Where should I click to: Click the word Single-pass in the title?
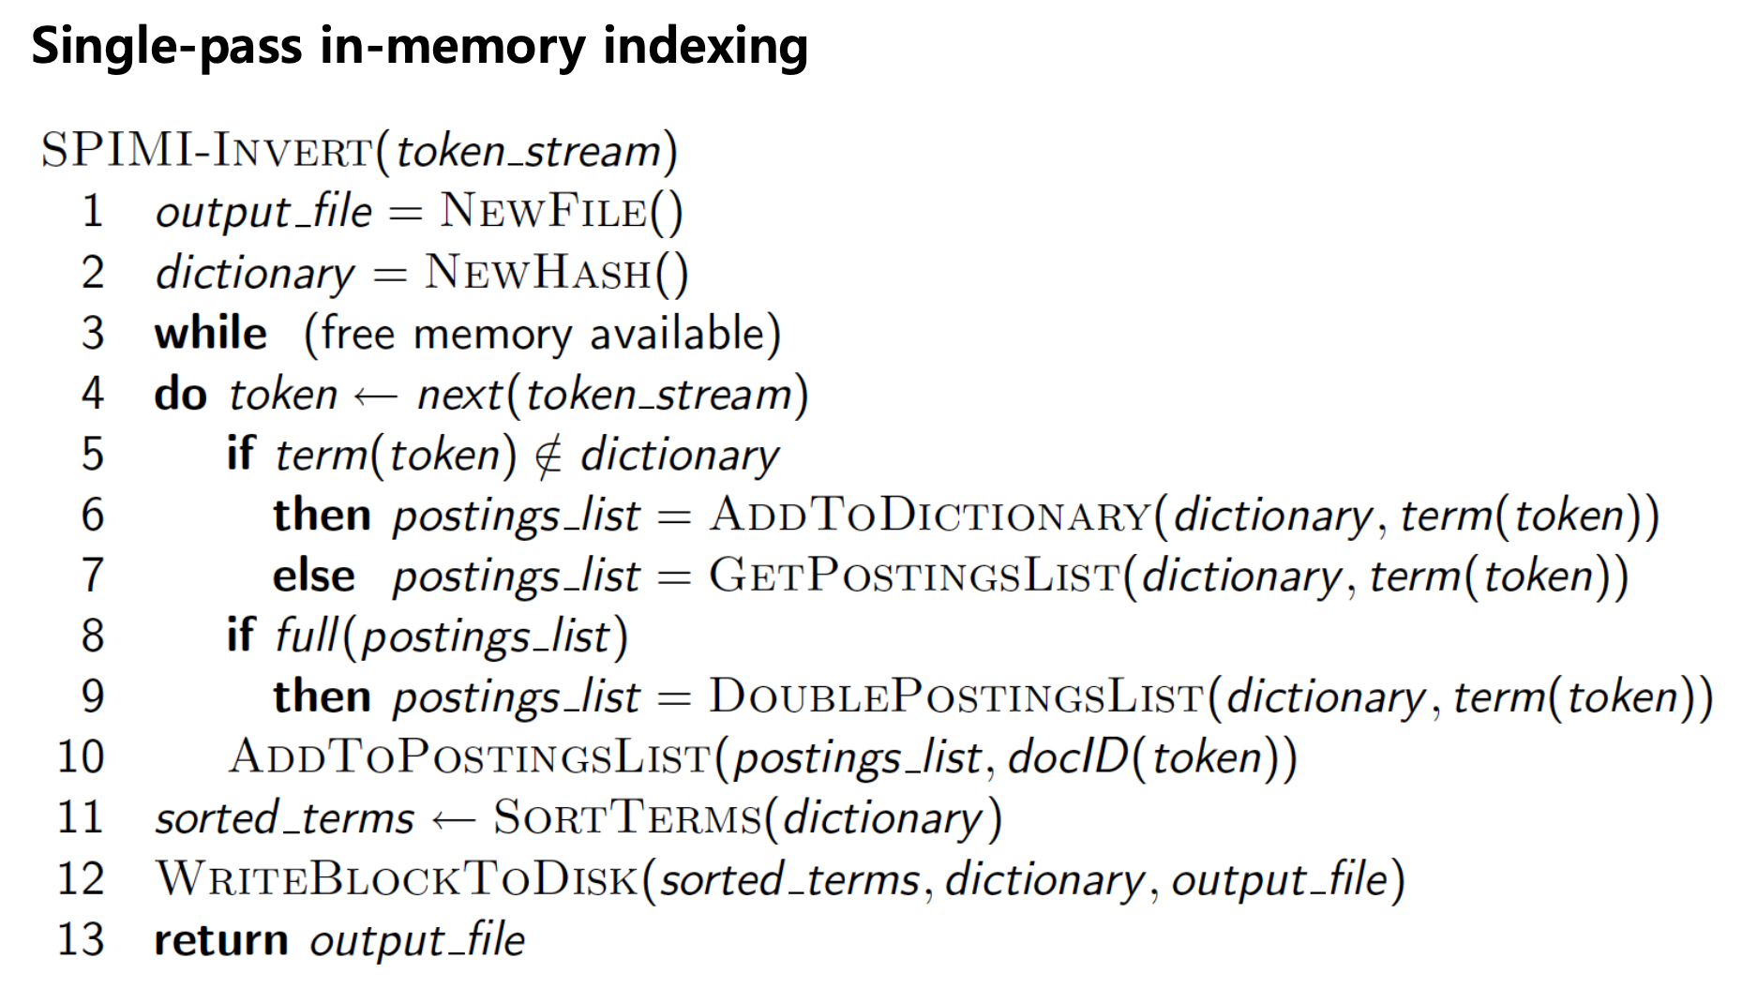pos(167,47)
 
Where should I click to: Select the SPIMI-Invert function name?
pos(206,151)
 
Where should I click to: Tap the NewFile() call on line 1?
pos(562,211)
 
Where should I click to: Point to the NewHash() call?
pos(556,273)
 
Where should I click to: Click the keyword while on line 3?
pos(211,334)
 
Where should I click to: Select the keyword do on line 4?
pos(180,395)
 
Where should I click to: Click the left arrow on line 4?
pos(376,397)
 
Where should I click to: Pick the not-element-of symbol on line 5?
pos(548,456)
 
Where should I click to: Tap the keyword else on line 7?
pos(314,576)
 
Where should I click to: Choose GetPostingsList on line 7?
pos(915,576)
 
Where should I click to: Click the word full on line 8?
pos(306,636)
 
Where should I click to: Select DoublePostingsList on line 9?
pos(956,697)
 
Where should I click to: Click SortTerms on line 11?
pos(627,818)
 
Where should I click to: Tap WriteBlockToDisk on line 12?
pos(398,879)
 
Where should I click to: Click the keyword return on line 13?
pos(221,940)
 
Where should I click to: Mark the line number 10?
pos(81,757)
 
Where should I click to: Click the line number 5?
pos(92,455)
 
